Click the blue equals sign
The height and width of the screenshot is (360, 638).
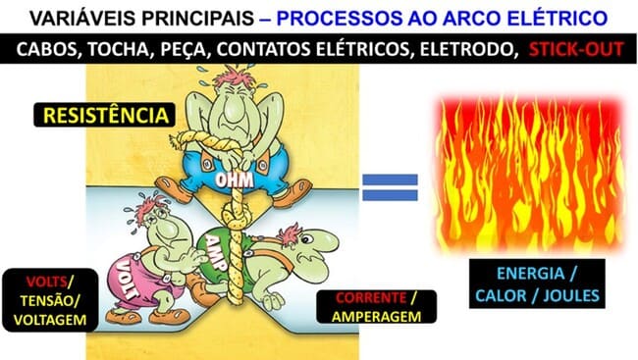tap(390, 186)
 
